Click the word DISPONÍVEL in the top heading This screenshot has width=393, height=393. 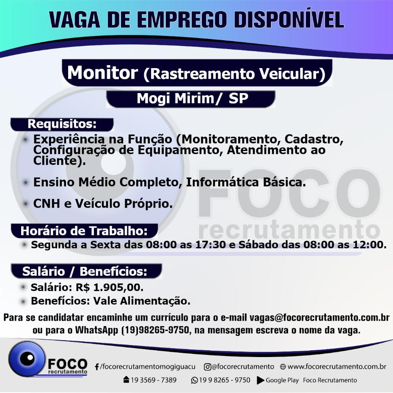[289, 19]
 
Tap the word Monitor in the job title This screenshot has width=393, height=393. [102, 72]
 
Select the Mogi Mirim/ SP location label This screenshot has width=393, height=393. [192, 99]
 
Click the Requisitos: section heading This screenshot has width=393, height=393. [62, 124]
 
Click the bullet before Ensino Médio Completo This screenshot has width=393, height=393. [25, 182]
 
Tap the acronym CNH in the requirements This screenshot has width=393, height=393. [47, 203]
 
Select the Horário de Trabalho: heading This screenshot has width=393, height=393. [84, 231]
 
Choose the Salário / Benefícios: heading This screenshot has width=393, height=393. [85, 272]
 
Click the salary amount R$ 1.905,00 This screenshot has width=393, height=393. [110, 288]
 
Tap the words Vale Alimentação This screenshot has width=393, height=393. [142, 301]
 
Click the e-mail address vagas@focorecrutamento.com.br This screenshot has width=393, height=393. [319, 318]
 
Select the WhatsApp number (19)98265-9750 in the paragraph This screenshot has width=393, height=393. [155, 330]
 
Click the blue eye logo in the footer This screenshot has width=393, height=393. [27, 359]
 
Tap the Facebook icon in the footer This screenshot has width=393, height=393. [97, 367]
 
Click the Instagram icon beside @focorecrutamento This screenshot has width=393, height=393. [207, 367]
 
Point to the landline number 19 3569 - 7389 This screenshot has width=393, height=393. [154, 380]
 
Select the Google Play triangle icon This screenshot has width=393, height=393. [261, 380]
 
